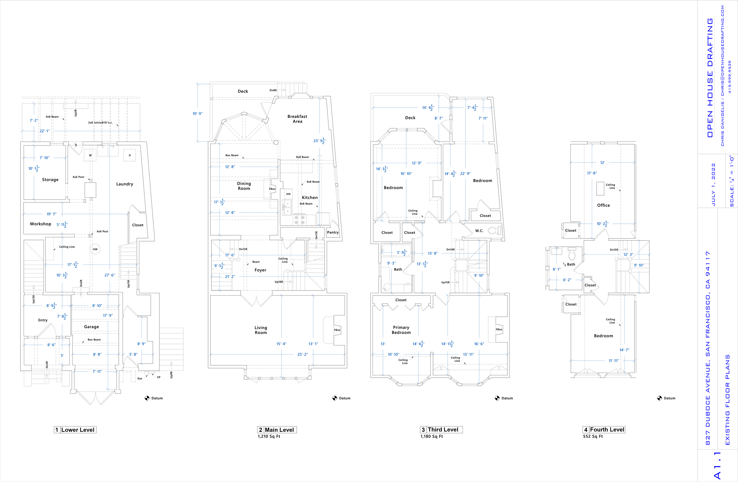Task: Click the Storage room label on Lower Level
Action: click(x=50, y=179)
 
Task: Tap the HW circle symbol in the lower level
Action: click(x=95, y=249)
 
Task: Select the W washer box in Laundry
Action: click(x=90, y=155)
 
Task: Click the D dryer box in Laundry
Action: click(x=130, y=155)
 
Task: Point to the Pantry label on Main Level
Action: click(x=333, y=232)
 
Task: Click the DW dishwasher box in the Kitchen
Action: click(x=288, y=194)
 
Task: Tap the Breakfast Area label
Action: click(x=297, y=119)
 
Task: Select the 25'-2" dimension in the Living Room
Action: click(x=302, y=354)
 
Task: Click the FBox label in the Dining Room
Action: click(x=272, y=189)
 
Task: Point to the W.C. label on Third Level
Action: click(x=479, y=231)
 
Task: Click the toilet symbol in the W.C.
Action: click(x=494, y=230)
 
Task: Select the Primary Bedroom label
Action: click(x=401, y=330)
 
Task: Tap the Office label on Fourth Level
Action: click(x=603, y=205)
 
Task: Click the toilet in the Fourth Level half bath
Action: click(x=572, y=255)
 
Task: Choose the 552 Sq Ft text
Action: click(x=592, y=436)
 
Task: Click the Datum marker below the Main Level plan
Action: click(x=334, y=398)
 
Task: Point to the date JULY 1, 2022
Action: click(x=713, y=184)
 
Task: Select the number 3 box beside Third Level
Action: click(x=423, y=430)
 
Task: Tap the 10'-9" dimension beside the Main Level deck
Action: click(x=197, y=113)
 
